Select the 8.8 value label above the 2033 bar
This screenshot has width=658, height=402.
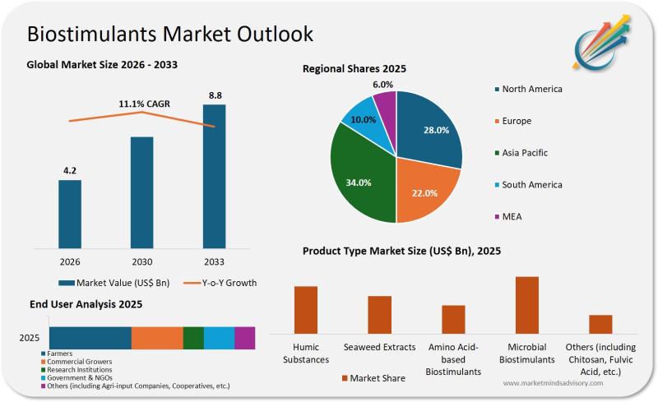coord(215,95)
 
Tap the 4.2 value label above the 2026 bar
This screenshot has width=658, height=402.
coord(70,171)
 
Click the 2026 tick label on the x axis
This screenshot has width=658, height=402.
coord(70,262)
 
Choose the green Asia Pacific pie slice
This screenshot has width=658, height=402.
coord(360,177)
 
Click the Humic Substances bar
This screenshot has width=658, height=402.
coord(306,308)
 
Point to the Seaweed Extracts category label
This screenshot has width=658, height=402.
coord(379,347)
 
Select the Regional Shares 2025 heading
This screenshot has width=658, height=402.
coord(354,69)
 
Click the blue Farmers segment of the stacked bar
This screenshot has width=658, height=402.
coord(90,338)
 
